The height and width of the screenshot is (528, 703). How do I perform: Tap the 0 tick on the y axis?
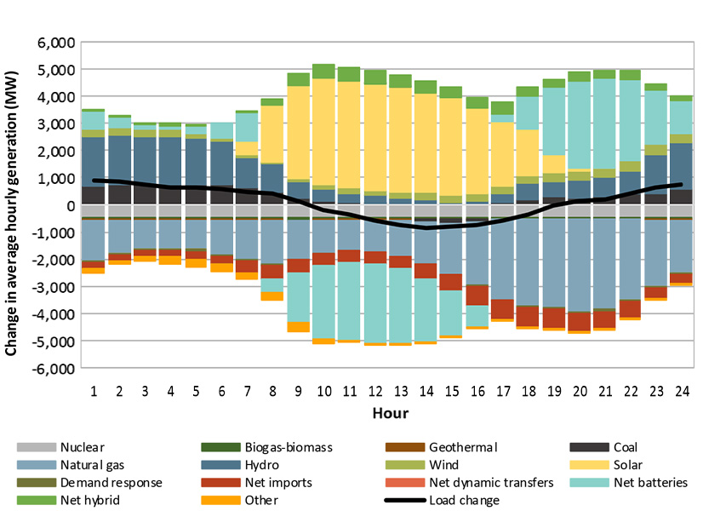pos(71,205)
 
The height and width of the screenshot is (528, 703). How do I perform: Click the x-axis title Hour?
pos(386,414)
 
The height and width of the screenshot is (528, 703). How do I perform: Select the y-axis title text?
pos(13,205)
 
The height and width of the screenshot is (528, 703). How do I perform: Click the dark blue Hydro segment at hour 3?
pos(146,162)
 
